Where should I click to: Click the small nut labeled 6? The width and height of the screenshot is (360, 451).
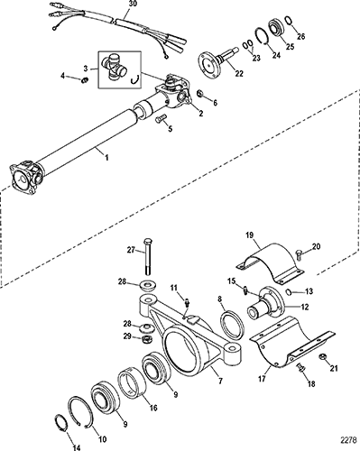coord(200,94)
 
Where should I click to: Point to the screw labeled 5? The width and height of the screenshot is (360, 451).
coord(160,118)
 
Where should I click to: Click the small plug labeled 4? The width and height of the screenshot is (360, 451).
coord(85,80)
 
